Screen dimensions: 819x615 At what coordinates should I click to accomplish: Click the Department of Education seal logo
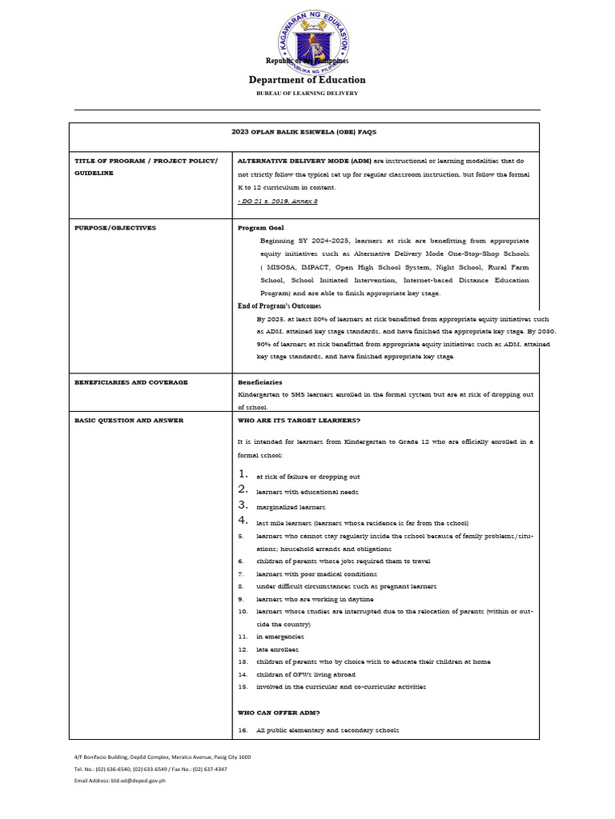pyautogui.click(x=307, y=36)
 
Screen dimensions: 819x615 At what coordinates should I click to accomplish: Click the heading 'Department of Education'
pyautogui.click(x=307, y=79)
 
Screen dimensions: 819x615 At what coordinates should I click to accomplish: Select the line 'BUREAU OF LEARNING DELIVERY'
pyautogui.click(x=307, y=94)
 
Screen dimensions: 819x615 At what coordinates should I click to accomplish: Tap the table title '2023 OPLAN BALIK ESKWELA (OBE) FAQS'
pyautogui.click(x=304, y=132)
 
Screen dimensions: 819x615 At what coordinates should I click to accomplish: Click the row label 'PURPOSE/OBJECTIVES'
pyautogui.click(x=115, y=228)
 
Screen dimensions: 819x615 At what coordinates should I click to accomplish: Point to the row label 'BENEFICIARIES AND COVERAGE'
pyautogui.click(x=131, y=382)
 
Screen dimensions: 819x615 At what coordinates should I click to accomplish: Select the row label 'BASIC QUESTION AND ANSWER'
pyautogui.click(x=129, y=420)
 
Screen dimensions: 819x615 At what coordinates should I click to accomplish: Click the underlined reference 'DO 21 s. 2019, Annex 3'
pyautogui.click(x=279, y=201)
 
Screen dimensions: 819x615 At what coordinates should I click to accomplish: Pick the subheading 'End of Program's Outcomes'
pyautogui.click(x=279, y=306)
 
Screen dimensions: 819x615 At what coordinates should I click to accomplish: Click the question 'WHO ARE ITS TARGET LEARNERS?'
pyautogui.click(x=299, y=420)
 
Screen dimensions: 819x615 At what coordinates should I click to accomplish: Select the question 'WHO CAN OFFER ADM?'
pyautogui.click(x=279, y=712)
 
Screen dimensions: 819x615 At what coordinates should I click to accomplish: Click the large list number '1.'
pyautogui.click(x=243, y=476)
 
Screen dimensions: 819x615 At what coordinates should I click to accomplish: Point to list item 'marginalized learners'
pyautogui.click(x=291, y=507)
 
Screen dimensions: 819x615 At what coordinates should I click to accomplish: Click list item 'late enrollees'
pyautogui.click(x=276, y=649)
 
